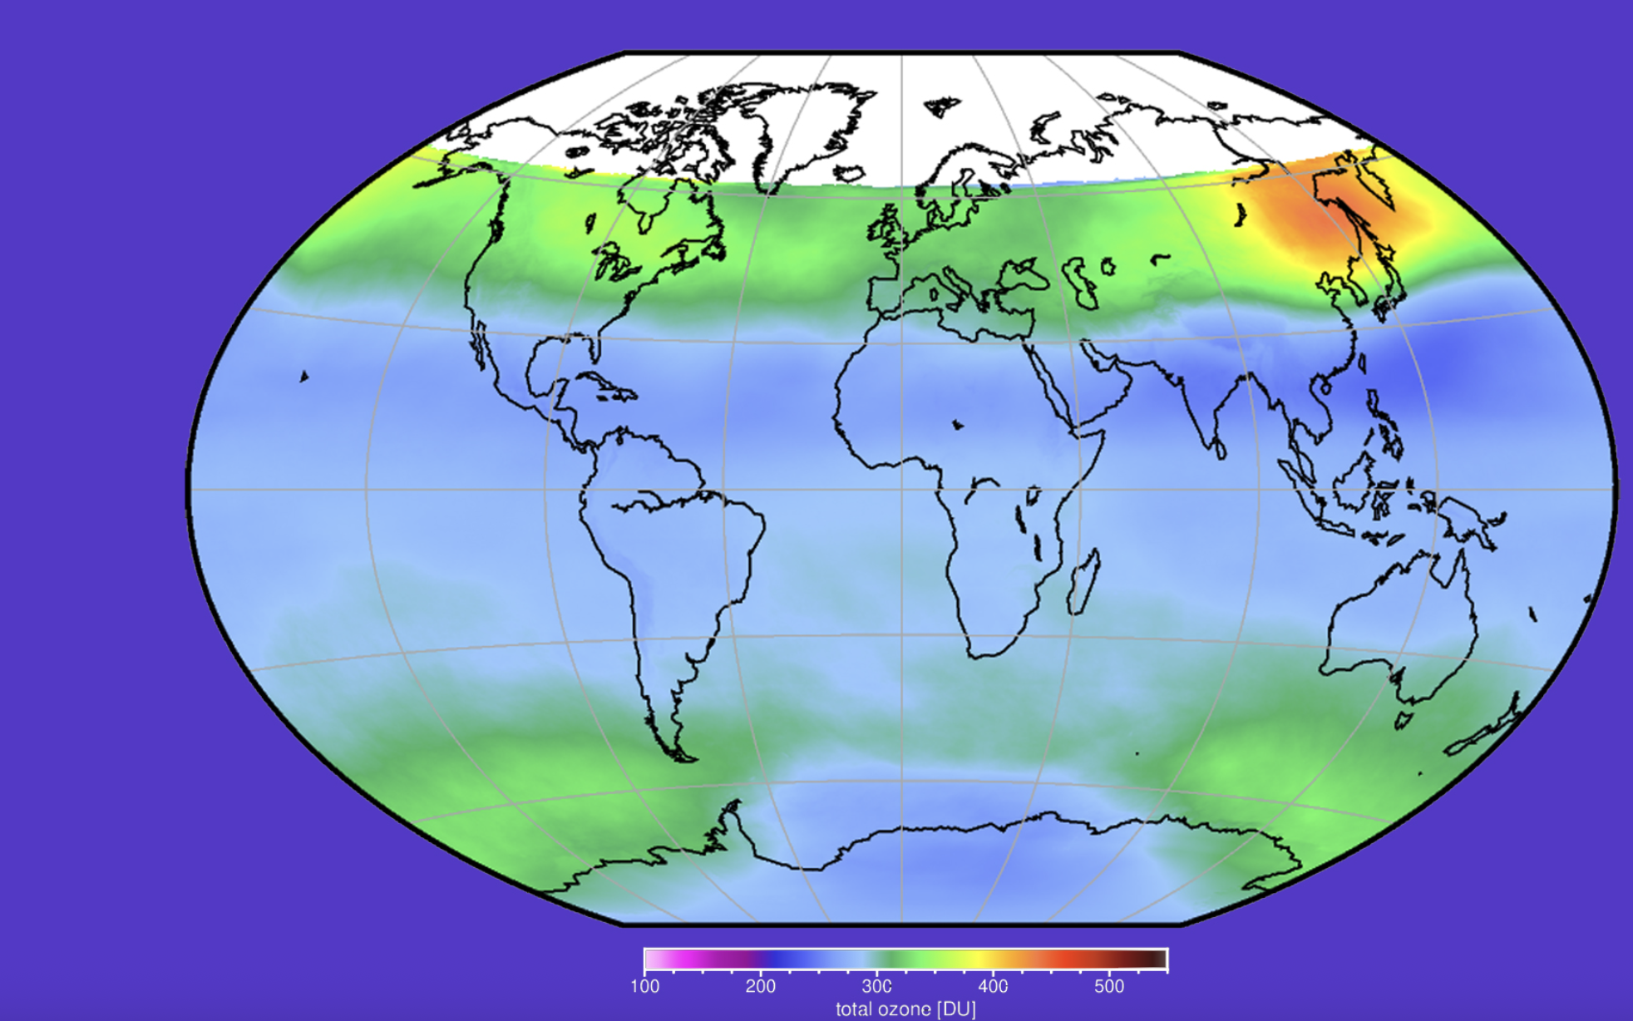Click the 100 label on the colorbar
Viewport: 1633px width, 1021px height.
click(x=644, y=986)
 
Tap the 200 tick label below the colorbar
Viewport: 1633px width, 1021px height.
click(x=760, y=986)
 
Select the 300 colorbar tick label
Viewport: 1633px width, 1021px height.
click(x=876, y=986)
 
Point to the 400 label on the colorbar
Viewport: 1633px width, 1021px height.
click(x=993, y=986)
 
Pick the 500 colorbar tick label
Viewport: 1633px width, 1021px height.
click(x=1108, y=986)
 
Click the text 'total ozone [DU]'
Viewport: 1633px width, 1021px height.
click(x=905, y=1009)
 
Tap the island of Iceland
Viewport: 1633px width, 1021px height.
click(x=849, y=173)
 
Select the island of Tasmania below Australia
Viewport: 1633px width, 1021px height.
click(x=1404, y=719)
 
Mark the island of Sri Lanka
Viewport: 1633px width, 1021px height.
click(x=1221, y=450)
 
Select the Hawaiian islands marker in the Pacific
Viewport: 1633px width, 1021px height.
click(x=304, y=377)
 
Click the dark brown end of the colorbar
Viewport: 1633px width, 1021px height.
click(x=1156, y=959)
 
